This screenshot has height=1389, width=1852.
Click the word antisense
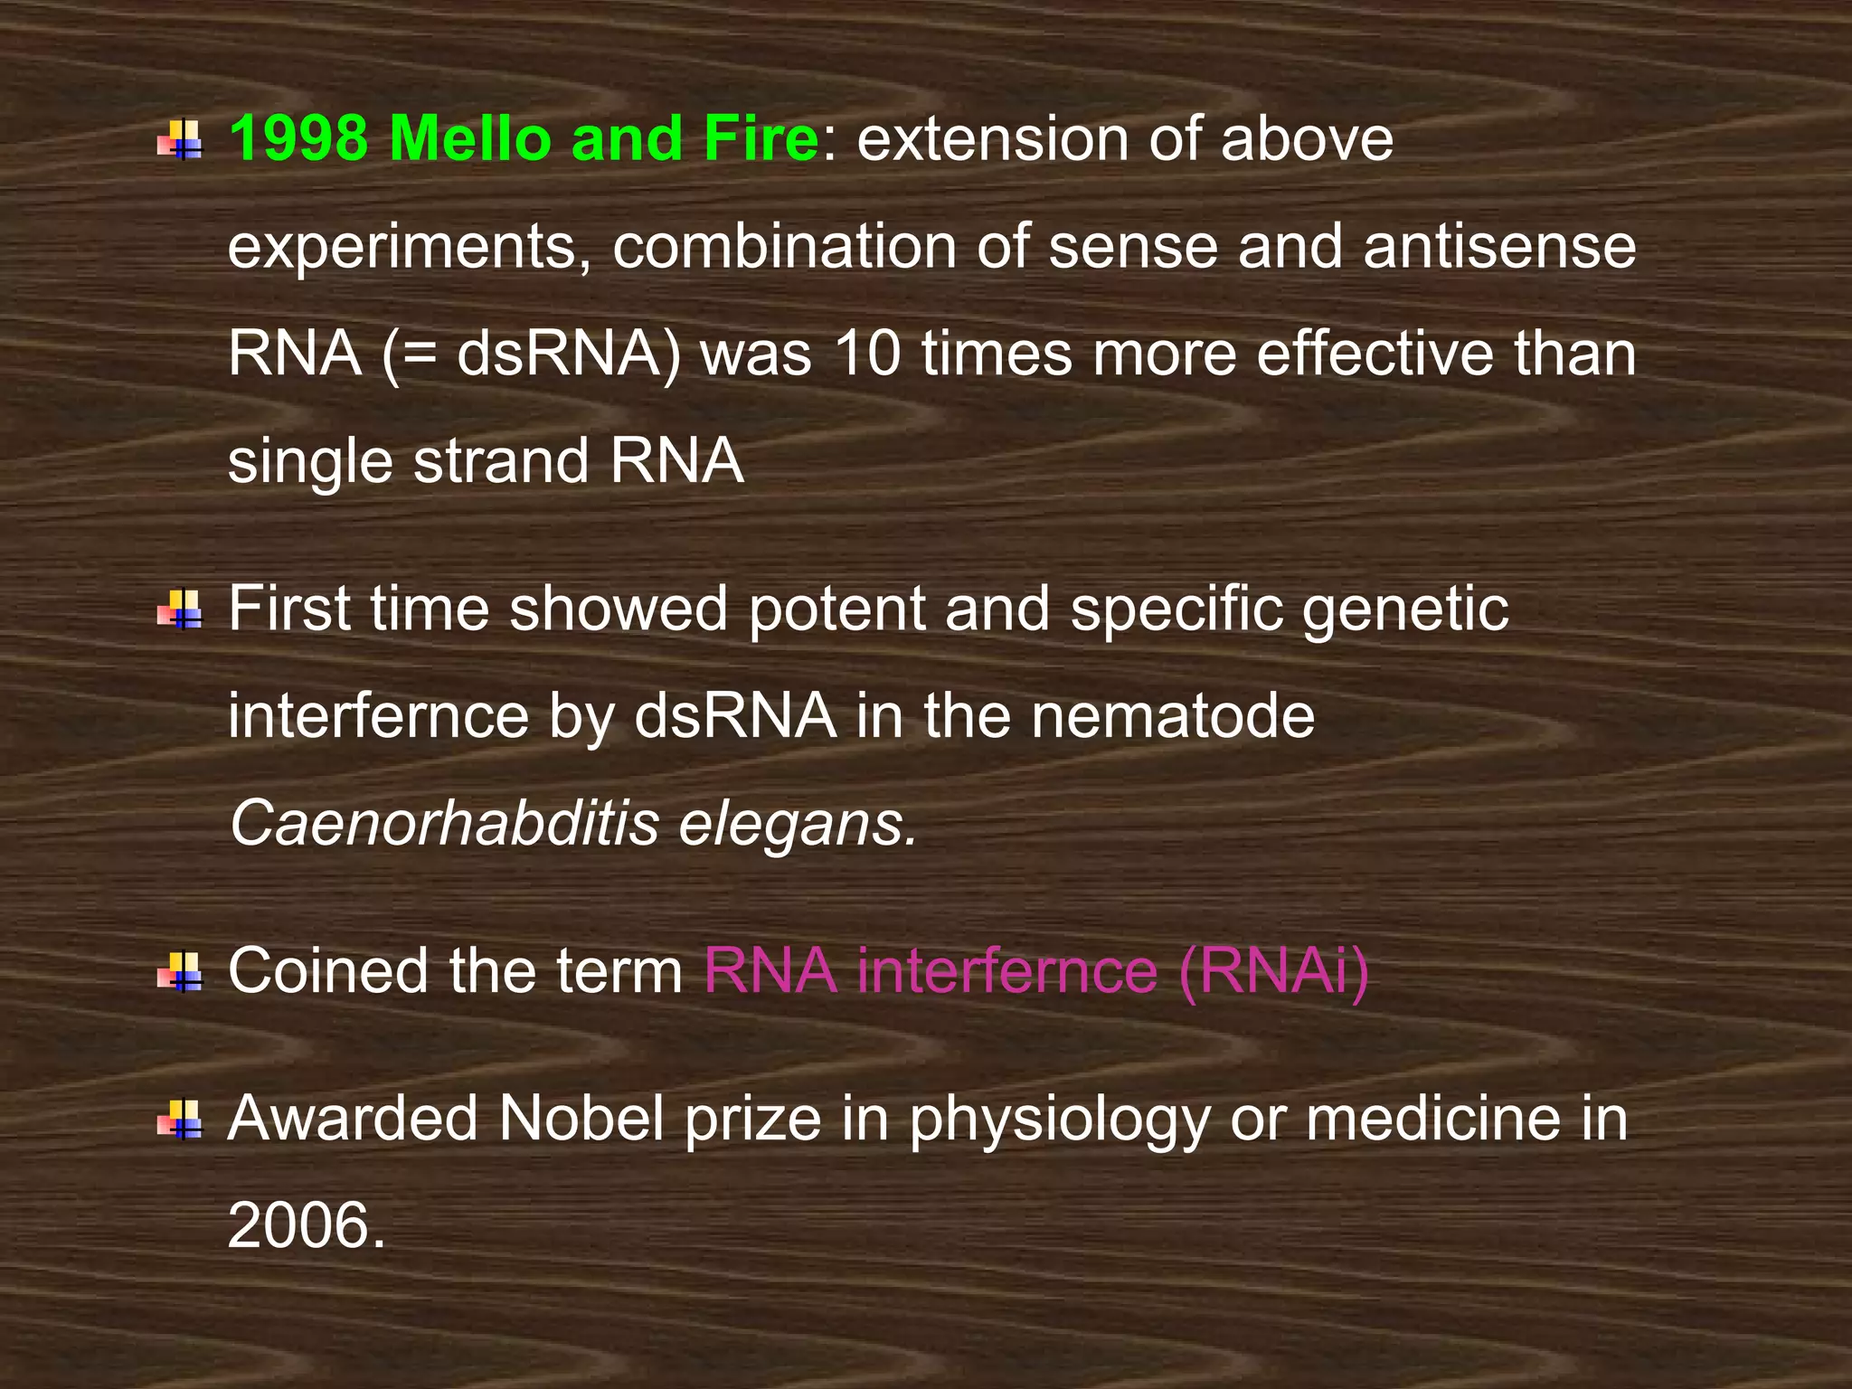(1499, 247)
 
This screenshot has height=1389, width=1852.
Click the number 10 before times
(867, 354)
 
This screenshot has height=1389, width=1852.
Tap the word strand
(500, 461)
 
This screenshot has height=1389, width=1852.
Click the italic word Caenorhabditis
(444, 824)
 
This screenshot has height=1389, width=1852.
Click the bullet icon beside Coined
(179, 972)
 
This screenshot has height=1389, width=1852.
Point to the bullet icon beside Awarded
(179, 1120)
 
